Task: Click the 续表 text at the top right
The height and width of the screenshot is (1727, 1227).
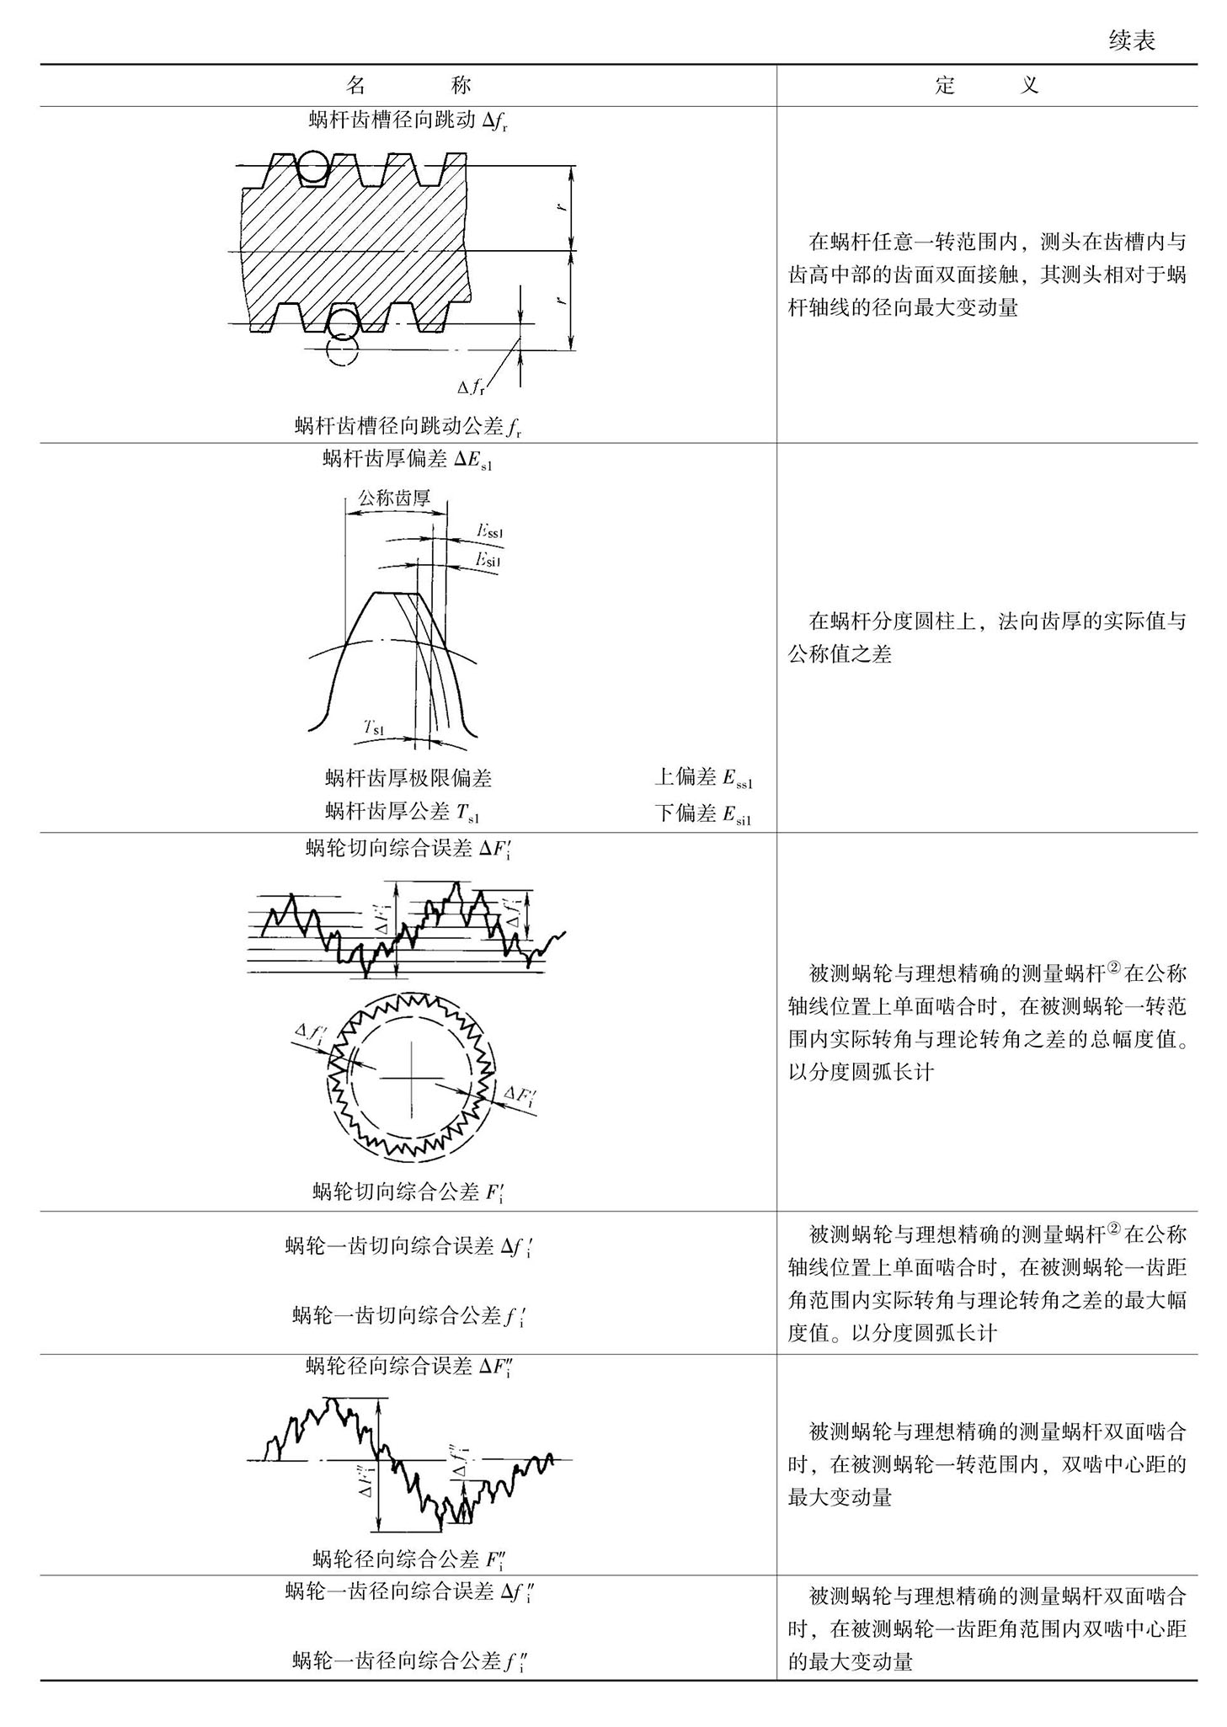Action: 1132,40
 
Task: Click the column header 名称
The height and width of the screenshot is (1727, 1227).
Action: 408,85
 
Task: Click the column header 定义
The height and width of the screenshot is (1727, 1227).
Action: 986,85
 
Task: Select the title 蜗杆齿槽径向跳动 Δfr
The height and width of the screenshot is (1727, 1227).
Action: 408,121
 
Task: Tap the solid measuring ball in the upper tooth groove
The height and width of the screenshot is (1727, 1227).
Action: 312,168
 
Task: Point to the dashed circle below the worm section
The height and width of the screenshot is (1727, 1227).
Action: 341,348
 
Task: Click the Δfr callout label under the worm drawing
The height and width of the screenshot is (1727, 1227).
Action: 472,387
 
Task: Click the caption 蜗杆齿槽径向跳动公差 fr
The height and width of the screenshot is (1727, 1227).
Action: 408,426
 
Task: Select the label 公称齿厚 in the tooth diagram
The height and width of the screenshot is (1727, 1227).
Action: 394,498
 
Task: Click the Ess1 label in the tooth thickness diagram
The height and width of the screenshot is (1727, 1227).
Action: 489,531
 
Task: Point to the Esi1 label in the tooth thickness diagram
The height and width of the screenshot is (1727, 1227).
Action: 489,559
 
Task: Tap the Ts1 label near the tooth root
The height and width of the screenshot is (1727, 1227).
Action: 374,728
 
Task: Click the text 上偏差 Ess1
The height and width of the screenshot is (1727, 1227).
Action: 703,778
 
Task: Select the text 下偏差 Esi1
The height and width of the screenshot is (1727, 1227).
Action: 703,813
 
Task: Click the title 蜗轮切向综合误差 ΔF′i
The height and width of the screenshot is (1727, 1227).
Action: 408,849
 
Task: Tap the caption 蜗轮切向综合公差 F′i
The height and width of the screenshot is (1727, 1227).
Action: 408,1191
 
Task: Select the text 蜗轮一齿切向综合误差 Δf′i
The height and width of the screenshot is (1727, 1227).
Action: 408,1246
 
